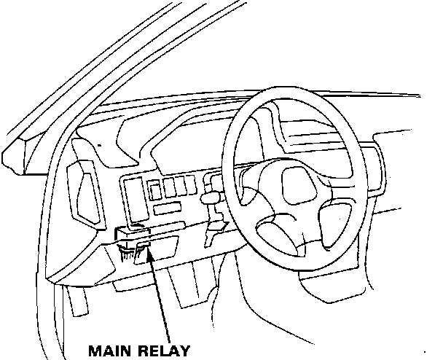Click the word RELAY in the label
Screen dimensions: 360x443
coord(164,350)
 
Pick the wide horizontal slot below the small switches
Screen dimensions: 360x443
coord(168,208)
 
